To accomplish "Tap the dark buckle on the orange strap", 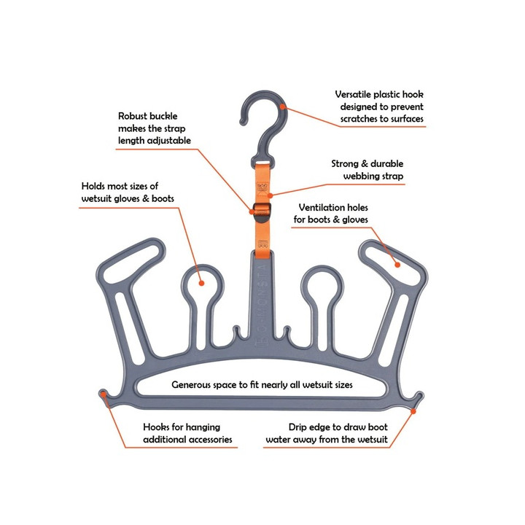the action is click(x=262, y=212).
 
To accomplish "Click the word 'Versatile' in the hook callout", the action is click(x=353, y=94).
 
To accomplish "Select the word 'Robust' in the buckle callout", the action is click(x=132, y=116).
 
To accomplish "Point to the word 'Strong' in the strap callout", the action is click(x=345, y=164).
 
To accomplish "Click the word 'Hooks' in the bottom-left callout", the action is click(x=156, y=427).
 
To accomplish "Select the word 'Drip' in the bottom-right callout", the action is click(x=297, y=427).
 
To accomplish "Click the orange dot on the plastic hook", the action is click(x=283, y=106).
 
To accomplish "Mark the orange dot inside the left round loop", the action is click(x=201, y=283).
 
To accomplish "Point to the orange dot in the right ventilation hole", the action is click(x=397, y=265).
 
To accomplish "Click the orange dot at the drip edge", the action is click(x=413, y=411).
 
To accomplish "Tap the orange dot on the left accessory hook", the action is click(x=104, y=394).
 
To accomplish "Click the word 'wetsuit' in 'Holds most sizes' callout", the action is click(x=98, y=198).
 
